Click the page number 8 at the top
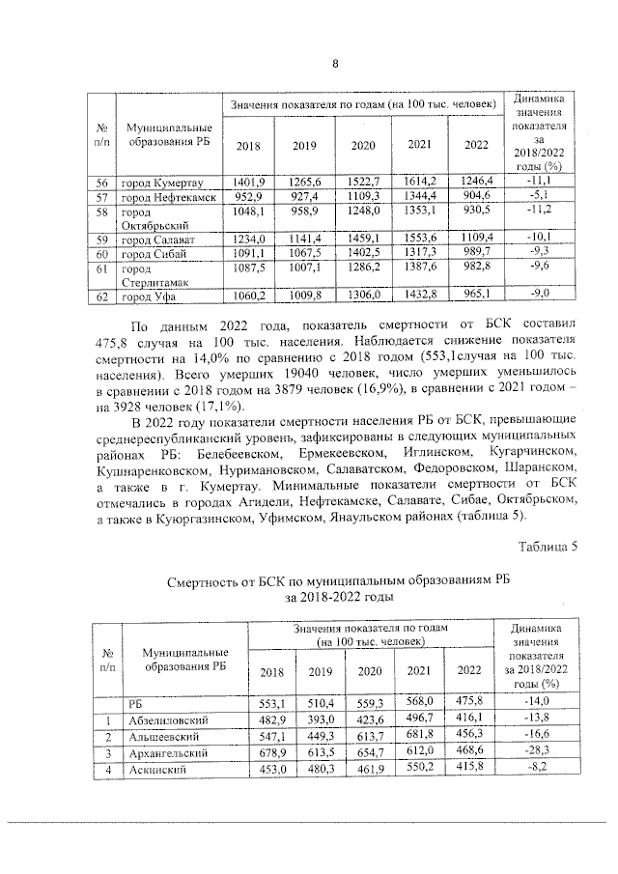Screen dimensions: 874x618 pos(335,65)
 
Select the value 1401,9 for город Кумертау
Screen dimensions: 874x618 pos(247,181)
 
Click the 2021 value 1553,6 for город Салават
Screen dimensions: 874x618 pos(419,238)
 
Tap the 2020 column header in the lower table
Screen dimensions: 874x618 pos(370,672)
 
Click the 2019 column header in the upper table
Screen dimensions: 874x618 pos(305,145)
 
